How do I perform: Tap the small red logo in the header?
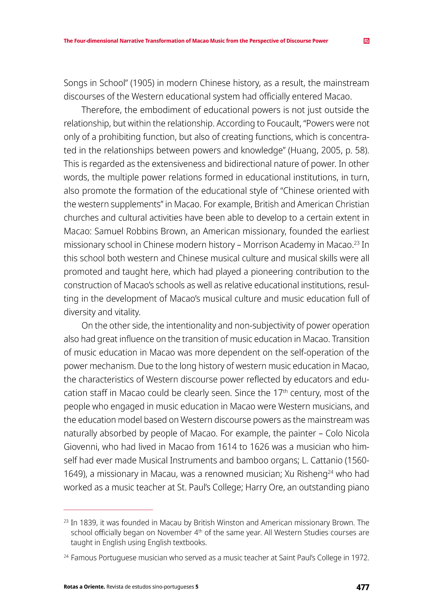click(x=366, y=41)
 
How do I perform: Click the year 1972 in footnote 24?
click(x=360, y=558)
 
